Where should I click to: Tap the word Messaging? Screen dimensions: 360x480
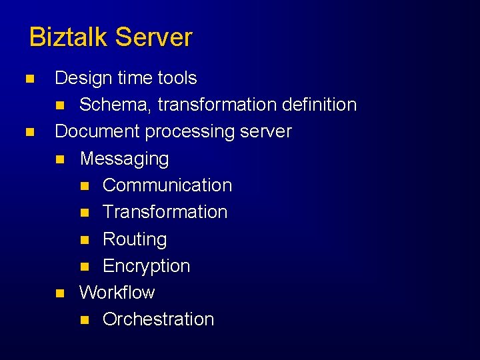(124, 159)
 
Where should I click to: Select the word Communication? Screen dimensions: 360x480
(167, 185)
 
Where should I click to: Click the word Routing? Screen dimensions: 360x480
(135, 239)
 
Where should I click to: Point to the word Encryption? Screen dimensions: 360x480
(146, 266)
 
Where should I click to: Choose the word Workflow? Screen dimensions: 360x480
(117, 292)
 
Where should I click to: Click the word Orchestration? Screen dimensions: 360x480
(158, 319)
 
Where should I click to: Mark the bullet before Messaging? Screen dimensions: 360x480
(60, 159)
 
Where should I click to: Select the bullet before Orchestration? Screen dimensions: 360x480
(83, 320)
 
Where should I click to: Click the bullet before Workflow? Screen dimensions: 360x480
(60, 293)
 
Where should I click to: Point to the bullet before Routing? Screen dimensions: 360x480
(83, 239)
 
